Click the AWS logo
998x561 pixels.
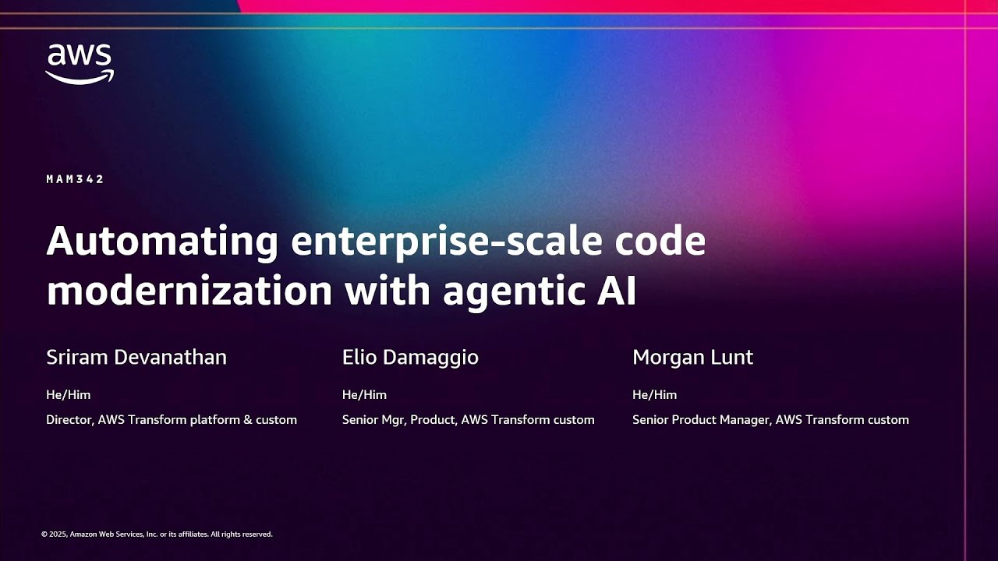coord(79,63)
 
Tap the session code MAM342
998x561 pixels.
coord(75,179)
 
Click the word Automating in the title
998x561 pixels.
coord(162,242)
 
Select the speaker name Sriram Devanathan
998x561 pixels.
coord(136,358)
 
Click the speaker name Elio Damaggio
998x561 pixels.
coord(410,358)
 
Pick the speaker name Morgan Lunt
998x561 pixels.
coord(692,358)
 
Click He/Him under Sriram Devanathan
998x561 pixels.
coord(68,395)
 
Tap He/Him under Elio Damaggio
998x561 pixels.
coord(364,395)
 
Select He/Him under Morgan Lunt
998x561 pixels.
coord(654,395)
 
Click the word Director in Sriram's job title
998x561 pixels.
coord(70,420)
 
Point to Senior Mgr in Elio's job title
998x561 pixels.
coord(373,420)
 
